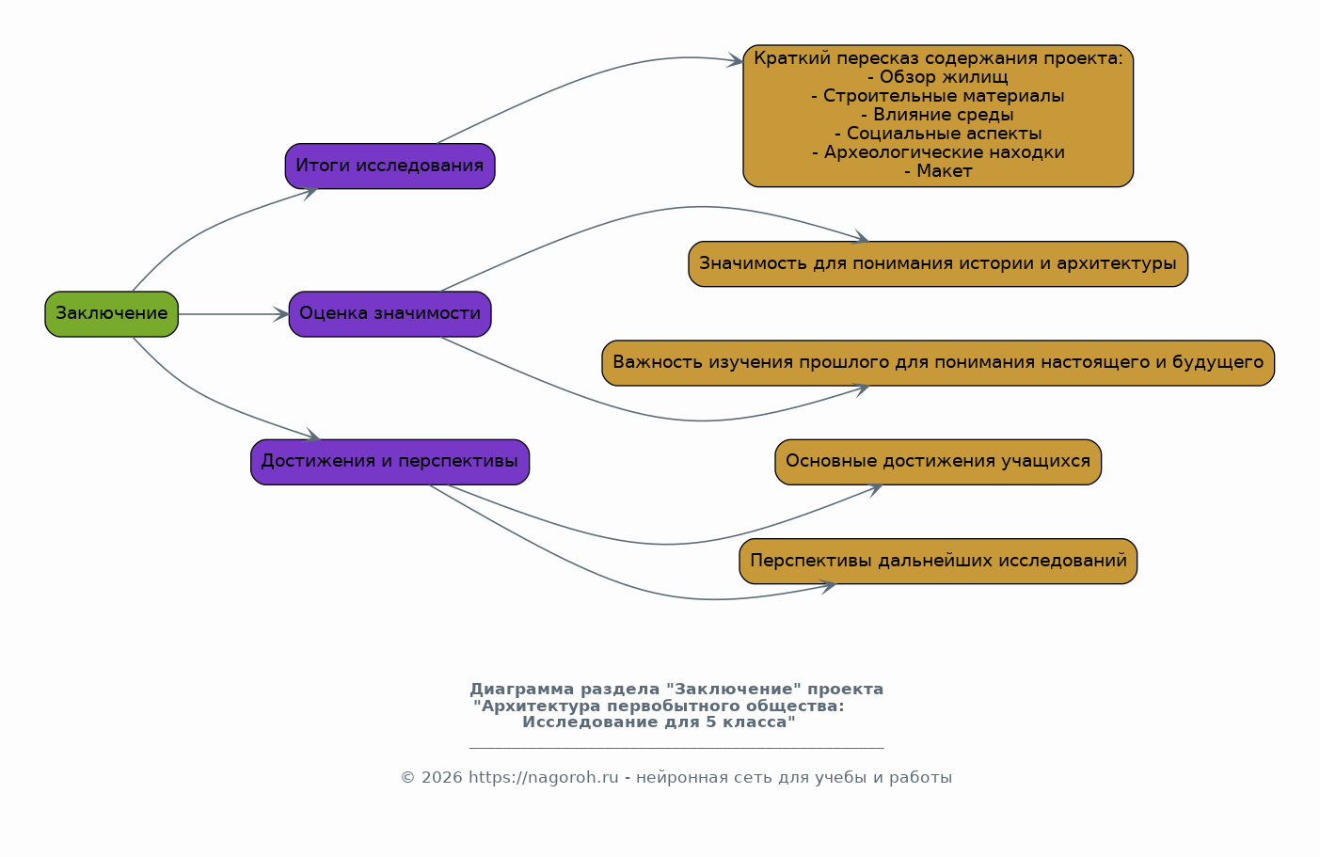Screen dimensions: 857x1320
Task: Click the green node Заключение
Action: click(x=111, y=314)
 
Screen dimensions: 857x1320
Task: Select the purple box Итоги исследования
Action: click(x=390, y=167)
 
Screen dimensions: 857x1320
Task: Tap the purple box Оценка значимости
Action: click(x=390, y=314)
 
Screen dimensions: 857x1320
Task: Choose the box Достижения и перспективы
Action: click(x=390, y=462)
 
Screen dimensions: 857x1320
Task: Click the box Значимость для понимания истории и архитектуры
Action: click(x=937, y=264)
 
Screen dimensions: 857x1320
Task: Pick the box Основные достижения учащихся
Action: click(x=937, y=462)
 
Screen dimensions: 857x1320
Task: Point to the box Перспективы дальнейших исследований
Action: click(x=937, y=562)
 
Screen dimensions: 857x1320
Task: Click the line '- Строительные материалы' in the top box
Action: click(x=937, y=96)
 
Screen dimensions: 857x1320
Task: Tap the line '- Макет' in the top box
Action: click(x=937, y=171)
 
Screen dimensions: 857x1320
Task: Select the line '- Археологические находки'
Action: click(x=937, y=152)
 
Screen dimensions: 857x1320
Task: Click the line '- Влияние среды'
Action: click(x=937, y=115)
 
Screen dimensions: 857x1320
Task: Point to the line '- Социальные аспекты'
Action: click(x=937, y=134)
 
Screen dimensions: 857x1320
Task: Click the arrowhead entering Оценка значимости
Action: click(x=282, y=314)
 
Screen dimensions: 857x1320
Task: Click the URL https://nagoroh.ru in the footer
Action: click(x=543, y=778)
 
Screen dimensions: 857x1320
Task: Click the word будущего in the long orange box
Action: click(x=1217, y=363)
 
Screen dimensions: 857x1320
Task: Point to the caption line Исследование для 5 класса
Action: click(x=659, y=722)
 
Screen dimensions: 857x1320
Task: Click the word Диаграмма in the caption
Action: click(x=516, y=690)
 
